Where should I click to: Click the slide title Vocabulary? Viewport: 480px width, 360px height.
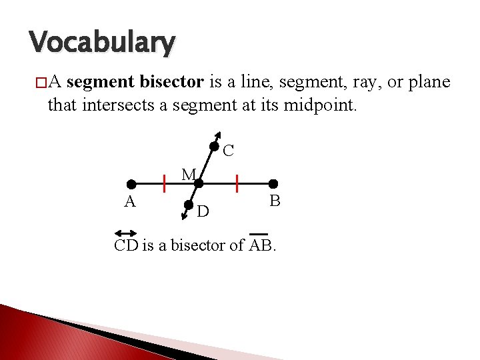103,43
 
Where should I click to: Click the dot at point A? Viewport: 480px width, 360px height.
132,183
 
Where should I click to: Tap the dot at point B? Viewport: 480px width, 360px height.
273,183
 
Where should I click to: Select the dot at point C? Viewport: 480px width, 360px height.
213,147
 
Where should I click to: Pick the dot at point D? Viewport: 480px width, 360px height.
189,206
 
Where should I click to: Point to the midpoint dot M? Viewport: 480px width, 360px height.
199,183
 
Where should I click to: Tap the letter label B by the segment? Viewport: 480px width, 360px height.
274,200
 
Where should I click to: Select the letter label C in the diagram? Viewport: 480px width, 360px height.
228,151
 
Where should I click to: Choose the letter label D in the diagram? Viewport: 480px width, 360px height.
203,212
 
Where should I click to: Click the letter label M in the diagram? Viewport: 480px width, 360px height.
189,175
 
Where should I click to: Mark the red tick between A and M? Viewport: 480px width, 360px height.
164,183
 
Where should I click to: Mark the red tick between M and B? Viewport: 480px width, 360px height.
237,183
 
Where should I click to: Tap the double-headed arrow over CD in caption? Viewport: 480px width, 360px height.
125,233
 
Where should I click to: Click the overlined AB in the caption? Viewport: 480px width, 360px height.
261,245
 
